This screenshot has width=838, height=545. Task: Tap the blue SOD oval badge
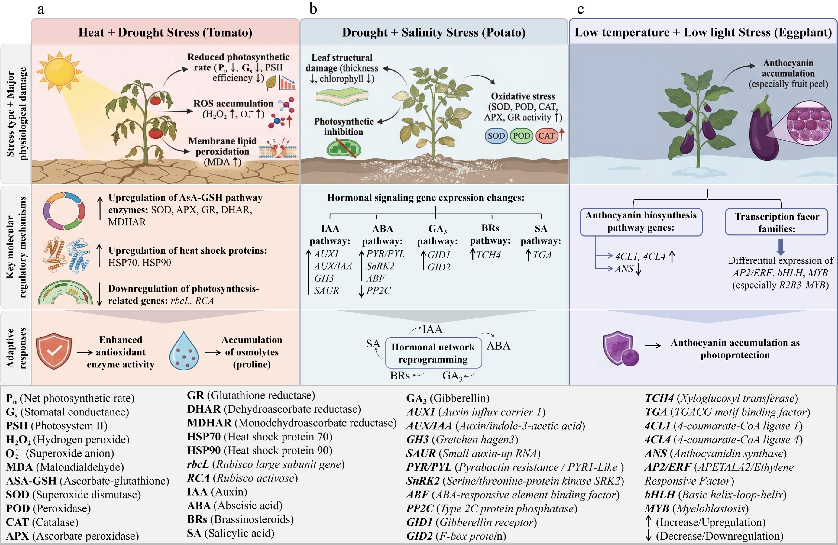496,136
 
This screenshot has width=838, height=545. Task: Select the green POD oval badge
521,136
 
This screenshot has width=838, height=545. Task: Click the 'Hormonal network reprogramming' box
433,353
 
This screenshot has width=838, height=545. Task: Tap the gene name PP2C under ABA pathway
379,291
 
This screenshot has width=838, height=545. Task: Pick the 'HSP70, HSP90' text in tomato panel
140,263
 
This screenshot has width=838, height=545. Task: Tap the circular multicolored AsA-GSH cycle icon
64,211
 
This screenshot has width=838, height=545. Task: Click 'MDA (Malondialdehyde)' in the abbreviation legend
65,467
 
